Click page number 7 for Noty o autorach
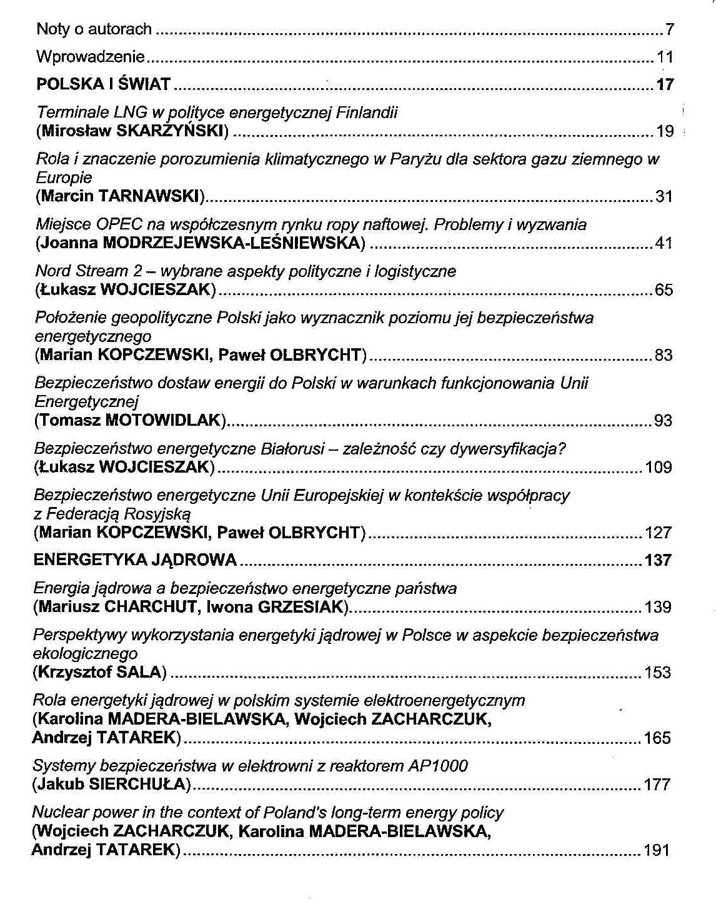tap(670, 29)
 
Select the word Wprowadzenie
tap(91, 57)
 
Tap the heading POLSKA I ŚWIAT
tap(103, 84)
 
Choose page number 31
tap(664, 197)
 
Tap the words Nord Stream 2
tap(89, 271)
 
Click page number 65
tap(664, 290)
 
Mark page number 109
tap(659, 467)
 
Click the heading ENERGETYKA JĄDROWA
tap(135, 560)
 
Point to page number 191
tap(657, 850)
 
